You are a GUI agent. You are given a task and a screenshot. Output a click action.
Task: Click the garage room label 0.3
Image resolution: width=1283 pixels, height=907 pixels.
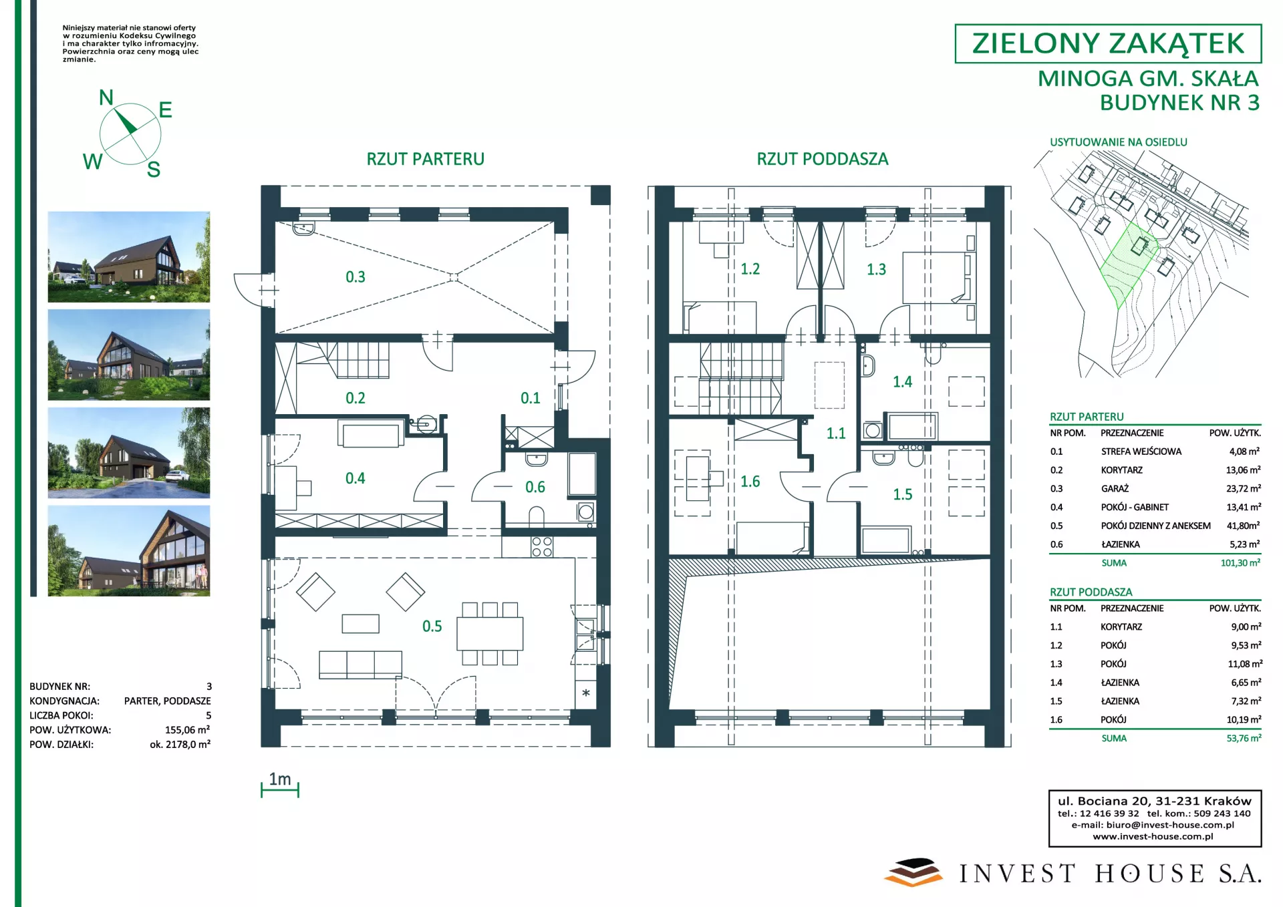[355, 277]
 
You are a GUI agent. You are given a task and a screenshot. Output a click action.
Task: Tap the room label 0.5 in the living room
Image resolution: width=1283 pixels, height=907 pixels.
[432, 626]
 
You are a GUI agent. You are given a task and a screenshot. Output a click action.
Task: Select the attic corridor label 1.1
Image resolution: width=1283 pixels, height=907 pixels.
[835, 433]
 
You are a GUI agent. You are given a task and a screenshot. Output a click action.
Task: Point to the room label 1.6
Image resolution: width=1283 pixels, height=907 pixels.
[750, 481]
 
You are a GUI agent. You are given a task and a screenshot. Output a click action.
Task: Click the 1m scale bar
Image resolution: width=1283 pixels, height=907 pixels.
[280, 790]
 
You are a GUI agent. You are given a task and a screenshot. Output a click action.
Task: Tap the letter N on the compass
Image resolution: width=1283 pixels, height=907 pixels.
[106, 98]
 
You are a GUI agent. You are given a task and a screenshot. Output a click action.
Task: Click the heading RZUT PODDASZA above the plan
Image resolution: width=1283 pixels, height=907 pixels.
[823, 159]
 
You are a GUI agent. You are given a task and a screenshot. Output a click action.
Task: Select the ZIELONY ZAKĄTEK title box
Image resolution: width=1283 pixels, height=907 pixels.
[1108, 43]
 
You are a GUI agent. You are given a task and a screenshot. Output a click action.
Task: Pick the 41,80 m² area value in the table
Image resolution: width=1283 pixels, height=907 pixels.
[1243, 526]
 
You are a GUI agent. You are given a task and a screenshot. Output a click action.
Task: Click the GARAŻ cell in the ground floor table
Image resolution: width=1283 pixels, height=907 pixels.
[1115, 489]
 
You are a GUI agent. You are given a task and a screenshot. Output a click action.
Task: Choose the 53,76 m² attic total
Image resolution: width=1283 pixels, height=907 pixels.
[1244, 738]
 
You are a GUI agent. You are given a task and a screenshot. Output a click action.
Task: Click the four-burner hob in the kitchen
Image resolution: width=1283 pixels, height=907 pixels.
[542, 547]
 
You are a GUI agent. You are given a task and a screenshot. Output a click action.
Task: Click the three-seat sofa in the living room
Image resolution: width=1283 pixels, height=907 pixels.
[360, 665]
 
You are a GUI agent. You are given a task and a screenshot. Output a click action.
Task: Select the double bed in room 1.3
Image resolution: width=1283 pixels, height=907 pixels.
[936, 277]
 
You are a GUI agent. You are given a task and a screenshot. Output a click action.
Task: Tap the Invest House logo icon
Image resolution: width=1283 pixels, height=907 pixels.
[913, 872]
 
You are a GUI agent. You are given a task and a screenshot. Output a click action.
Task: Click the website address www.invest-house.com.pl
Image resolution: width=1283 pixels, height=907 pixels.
[1153, 836]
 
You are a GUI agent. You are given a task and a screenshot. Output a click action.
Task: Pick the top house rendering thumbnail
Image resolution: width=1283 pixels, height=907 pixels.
[129, 257]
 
